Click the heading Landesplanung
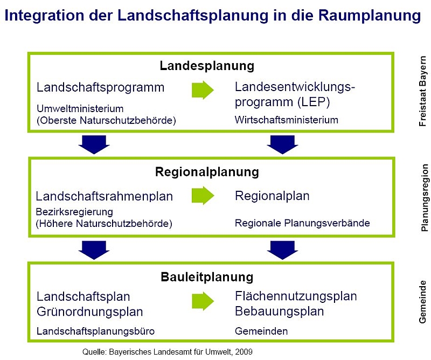tap(207, 66)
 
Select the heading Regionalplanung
tap(207, 172)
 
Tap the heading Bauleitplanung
tap(207, 277)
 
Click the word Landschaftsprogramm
tap(100, 87)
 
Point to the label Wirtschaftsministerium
tap(287, 120)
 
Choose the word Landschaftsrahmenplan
tap(105, 196)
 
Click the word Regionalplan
tap(272, 196)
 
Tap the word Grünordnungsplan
tap(90, 311)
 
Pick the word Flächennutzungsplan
tap(296, 296)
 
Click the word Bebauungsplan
tap(279, 311)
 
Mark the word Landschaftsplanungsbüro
tap(92, 331)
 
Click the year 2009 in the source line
tap(243, 351)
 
